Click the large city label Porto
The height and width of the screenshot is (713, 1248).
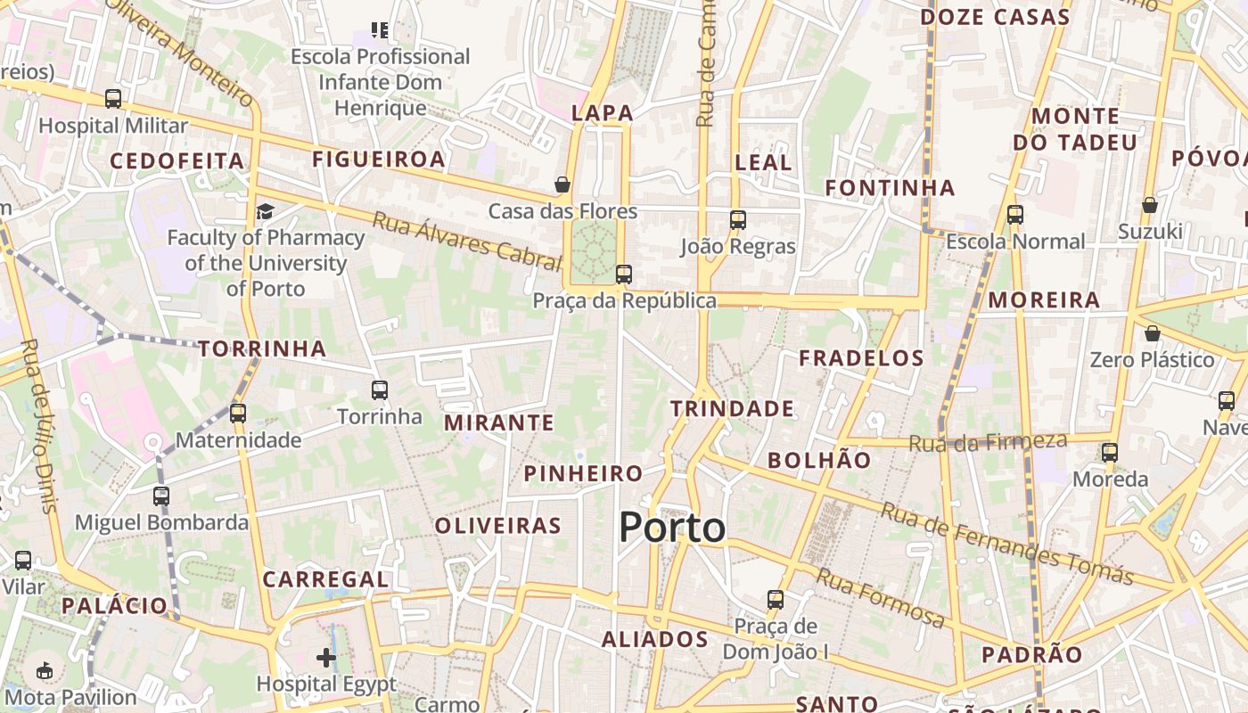[672, 528]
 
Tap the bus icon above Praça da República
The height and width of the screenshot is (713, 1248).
[624, 274]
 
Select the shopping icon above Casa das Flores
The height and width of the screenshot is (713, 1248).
[562, 184]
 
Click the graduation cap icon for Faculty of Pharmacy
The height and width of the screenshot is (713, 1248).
[265, 211]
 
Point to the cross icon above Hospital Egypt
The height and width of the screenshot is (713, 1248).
[326, 658]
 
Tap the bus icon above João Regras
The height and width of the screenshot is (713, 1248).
[738, 219]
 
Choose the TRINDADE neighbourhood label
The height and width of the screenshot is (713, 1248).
[732, 409]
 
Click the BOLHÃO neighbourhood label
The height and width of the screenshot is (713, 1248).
[819, 460]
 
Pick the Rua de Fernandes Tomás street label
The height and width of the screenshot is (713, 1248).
[1007, 543]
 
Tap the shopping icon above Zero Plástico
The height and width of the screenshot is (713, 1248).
[1153, 333]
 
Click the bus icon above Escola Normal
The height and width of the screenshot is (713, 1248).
[1015, 214]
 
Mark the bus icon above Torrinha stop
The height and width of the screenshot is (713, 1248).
[380, 389]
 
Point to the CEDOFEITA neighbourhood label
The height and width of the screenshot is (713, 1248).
[177, 161]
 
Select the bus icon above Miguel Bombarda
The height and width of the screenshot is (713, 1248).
[161, 496]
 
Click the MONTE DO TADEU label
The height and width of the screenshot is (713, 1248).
[1075, 129]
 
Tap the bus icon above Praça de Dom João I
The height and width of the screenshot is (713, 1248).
[776, 599]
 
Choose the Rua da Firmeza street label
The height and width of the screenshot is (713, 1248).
[988, 441]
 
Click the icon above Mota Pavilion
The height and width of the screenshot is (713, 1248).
[44, 670]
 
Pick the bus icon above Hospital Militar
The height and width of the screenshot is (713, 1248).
[113, 98]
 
